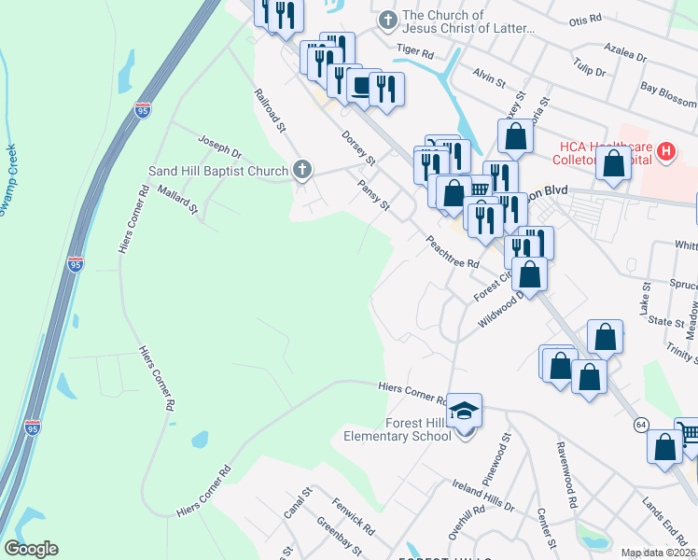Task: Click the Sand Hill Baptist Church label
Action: [x=218, y=172]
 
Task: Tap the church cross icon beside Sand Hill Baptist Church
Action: [x=300, y=169]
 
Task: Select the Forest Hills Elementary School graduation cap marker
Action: [x=464, y=412]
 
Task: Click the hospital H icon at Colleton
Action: [x=665, y=150]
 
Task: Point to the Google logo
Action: [x=31, y=549]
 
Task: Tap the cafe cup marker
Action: [x=359, y=87]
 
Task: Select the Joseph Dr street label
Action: [x=219, y=146]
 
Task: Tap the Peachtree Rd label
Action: [x=453, y=250]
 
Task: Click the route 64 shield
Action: [x=641, y=424]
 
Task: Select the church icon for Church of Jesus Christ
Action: [x=387, y=20]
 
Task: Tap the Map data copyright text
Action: [x=659, y=553]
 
